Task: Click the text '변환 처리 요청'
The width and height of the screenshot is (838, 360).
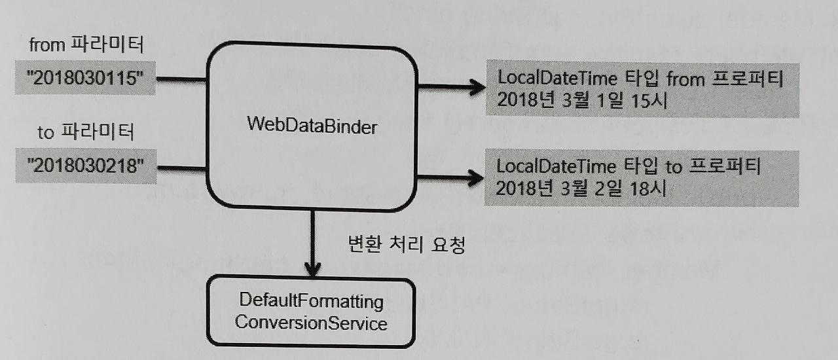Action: tap(405, 245)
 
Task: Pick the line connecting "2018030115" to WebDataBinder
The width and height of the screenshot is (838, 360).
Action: tap(181, 80)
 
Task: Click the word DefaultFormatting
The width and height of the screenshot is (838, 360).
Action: tap(311, 302)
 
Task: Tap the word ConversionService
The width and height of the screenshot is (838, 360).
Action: tap(311, 323)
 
